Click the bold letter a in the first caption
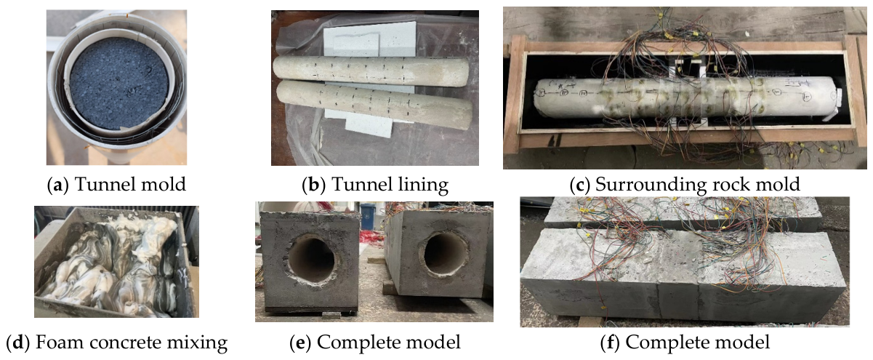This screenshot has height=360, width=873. [x=57, y=185]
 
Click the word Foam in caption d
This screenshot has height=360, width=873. [x=55, y=343]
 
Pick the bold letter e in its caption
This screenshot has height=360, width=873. [x=300, y=343]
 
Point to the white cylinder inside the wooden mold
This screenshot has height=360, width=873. [x=687, y=100]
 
